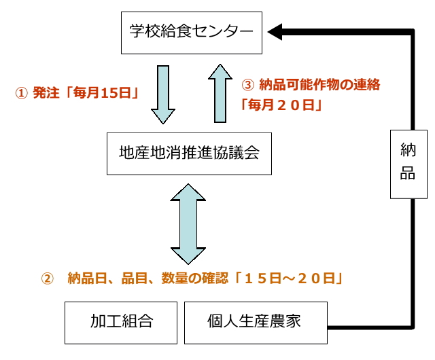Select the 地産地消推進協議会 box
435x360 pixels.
pos(190,154)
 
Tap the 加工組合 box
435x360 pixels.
pos(122,322)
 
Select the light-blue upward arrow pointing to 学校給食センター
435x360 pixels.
pos(220,92)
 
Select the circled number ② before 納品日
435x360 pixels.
pos(47,278)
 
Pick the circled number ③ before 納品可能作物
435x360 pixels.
pos(248,86)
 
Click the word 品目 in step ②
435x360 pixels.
pos(133,278)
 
